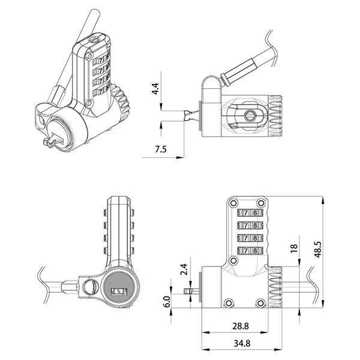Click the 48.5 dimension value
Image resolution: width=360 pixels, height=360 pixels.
[318, 250]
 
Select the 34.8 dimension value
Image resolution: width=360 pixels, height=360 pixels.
[242, 343]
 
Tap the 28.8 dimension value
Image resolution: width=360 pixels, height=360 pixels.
[241, 326]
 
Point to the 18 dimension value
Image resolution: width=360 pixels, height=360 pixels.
[294, 248]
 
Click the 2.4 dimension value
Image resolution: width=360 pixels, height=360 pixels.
[184, 269]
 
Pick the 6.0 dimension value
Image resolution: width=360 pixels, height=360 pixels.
[167, 301]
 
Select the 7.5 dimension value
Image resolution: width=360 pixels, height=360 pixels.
[160, 149]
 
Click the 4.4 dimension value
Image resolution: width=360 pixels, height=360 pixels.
[155, 89]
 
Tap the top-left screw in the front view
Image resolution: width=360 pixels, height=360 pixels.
[234, 203]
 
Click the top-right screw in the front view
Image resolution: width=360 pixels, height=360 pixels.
[261, 203]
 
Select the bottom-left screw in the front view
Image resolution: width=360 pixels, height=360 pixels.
[229, 303]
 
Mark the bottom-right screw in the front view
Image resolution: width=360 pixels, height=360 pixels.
[260, 303]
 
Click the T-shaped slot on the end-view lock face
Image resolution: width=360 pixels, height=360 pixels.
[119, 292]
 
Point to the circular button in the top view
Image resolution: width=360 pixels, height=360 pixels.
[249, 115]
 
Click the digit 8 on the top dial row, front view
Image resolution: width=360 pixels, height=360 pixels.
[255, 213]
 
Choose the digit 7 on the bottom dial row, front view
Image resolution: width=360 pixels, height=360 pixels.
[246, 250]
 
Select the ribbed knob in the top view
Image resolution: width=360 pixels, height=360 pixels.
[275, 116]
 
